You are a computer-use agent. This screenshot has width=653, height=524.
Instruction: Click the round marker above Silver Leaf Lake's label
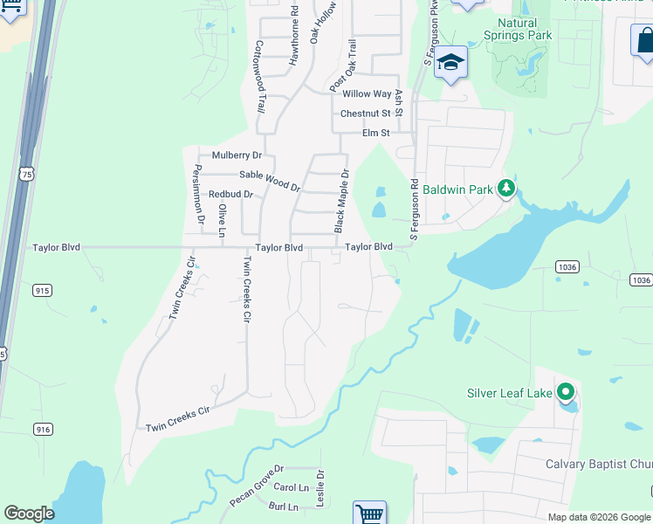click(566, 393)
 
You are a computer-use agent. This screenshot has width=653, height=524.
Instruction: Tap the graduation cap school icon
click(451, 63)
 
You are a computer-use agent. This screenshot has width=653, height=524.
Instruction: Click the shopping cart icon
click(369, 514)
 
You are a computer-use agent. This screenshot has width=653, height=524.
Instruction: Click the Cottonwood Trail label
click(259, 79)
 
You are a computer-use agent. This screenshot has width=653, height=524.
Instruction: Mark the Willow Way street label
click(367, 93)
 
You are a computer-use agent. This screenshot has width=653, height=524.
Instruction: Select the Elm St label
click(375, 133)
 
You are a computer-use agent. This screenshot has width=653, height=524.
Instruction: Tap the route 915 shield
click(42, 289)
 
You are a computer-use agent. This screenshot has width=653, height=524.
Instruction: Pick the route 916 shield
click(42, 428)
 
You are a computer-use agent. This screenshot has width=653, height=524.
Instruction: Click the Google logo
click(29, 514)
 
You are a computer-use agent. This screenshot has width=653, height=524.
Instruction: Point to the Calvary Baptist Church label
click(599, 464)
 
